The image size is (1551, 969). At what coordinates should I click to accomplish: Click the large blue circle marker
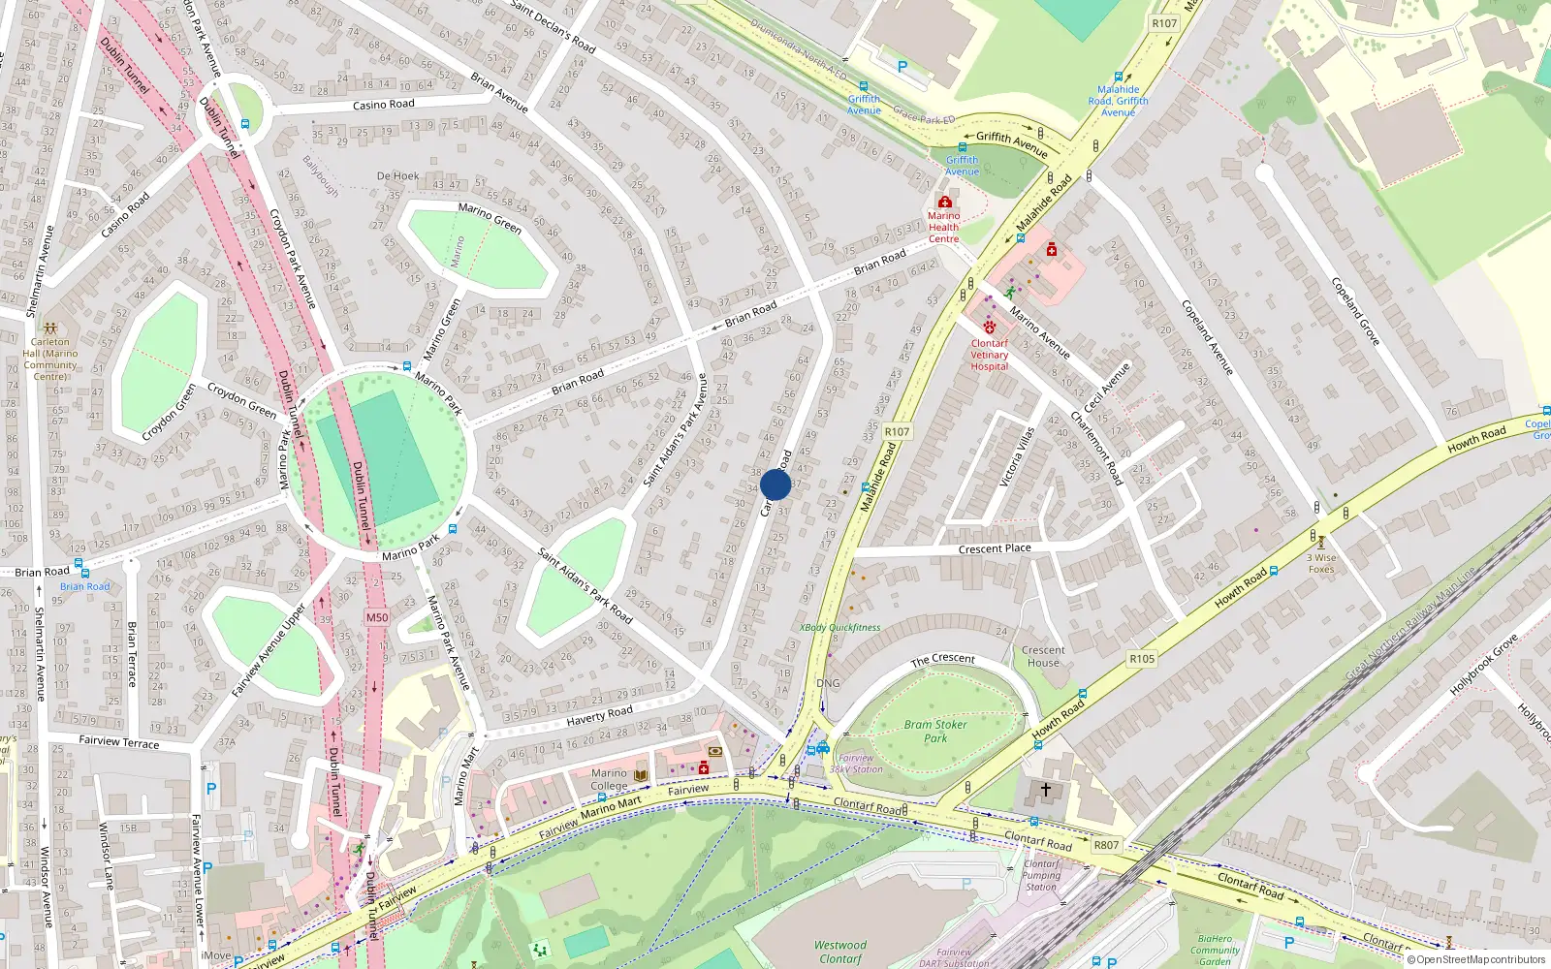[775, 484]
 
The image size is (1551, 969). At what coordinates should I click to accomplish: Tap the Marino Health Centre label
[943, 228]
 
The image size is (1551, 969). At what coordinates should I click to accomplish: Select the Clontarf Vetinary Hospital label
[990, 355]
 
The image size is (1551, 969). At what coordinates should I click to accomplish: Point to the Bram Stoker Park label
[935, 731]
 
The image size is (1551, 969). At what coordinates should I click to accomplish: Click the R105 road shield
[1142, 659]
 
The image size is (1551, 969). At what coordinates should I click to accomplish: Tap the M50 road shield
[377, 617]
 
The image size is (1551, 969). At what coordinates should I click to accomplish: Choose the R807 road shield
[1106, 845]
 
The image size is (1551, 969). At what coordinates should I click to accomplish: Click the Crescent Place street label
[995, 548]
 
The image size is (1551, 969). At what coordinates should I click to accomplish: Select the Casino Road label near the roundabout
[383, 105]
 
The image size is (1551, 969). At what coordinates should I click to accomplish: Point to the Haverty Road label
[599, 716]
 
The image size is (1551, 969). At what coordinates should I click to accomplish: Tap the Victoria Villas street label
[1017, 456]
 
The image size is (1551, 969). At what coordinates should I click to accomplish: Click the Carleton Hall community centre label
[50, 354]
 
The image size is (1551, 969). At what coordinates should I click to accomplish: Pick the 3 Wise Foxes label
[1321, 563]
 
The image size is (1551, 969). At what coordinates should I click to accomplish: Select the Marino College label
[609, 780]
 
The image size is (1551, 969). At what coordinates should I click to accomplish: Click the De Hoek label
[397, 176]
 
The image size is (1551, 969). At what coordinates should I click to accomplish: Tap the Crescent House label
[1043, 657]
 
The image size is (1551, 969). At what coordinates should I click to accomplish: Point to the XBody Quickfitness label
[840, 628]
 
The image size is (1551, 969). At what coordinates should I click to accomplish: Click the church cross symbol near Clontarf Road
[1046, 790]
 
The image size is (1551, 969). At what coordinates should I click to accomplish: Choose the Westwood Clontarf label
[840, 952]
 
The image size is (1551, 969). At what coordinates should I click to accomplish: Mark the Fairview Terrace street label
[119, 742]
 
